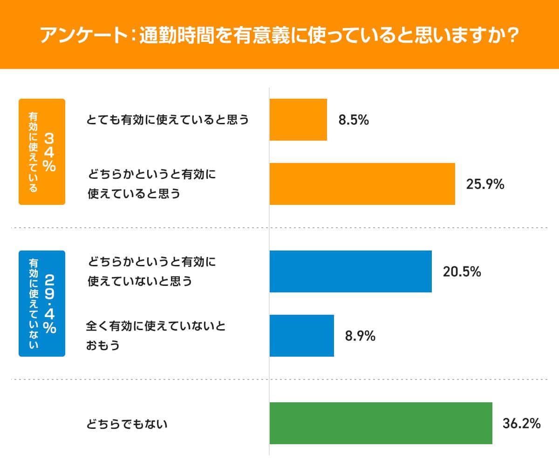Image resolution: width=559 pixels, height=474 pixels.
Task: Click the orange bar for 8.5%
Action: click(x=298, y=120)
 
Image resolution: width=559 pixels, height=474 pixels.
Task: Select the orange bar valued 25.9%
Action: click(x=362, y=184)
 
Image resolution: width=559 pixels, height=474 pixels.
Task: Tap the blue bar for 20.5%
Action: click(x=350, y=271)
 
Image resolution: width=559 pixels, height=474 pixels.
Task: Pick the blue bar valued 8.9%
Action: click(x=301, y=336)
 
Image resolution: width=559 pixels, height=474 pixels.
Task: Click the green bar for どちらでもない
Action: click(x=381, y=423)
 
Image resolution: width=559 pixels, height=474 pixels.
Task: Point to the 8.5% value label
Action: click(x=354, y=120)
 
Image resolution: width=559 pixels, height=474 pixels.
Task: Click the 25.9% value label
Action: click(x=485, y=184)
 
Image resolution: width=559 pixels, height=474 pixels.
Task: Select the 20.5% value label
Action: click(x=462, y=272)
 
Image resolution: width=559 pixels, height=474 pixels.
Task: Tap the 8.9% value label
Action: click(x=360, y=336)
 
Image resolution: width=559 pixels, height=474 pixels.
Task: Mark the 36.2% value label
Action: click(x=521, y=424)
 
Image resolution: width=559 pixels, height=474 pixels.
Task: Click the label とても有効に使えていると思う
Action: click(x=168, y=120)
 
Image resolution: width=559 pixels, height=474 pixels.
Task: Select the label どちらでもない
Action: click(x=127, y=424)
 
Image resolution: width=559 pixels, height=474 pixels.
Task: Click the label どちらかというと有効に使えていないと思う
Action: click(x=152, y=271)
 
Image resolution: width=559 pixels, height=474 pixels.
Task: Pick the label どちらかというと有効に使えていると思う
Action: click(x=152, y=184)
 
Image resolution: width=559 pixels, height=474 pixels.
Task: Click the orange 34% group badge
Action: click(x=42, y=152)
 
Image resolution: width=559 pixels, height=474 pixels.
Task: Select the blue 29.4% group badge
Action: click(x=42, y=304)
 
